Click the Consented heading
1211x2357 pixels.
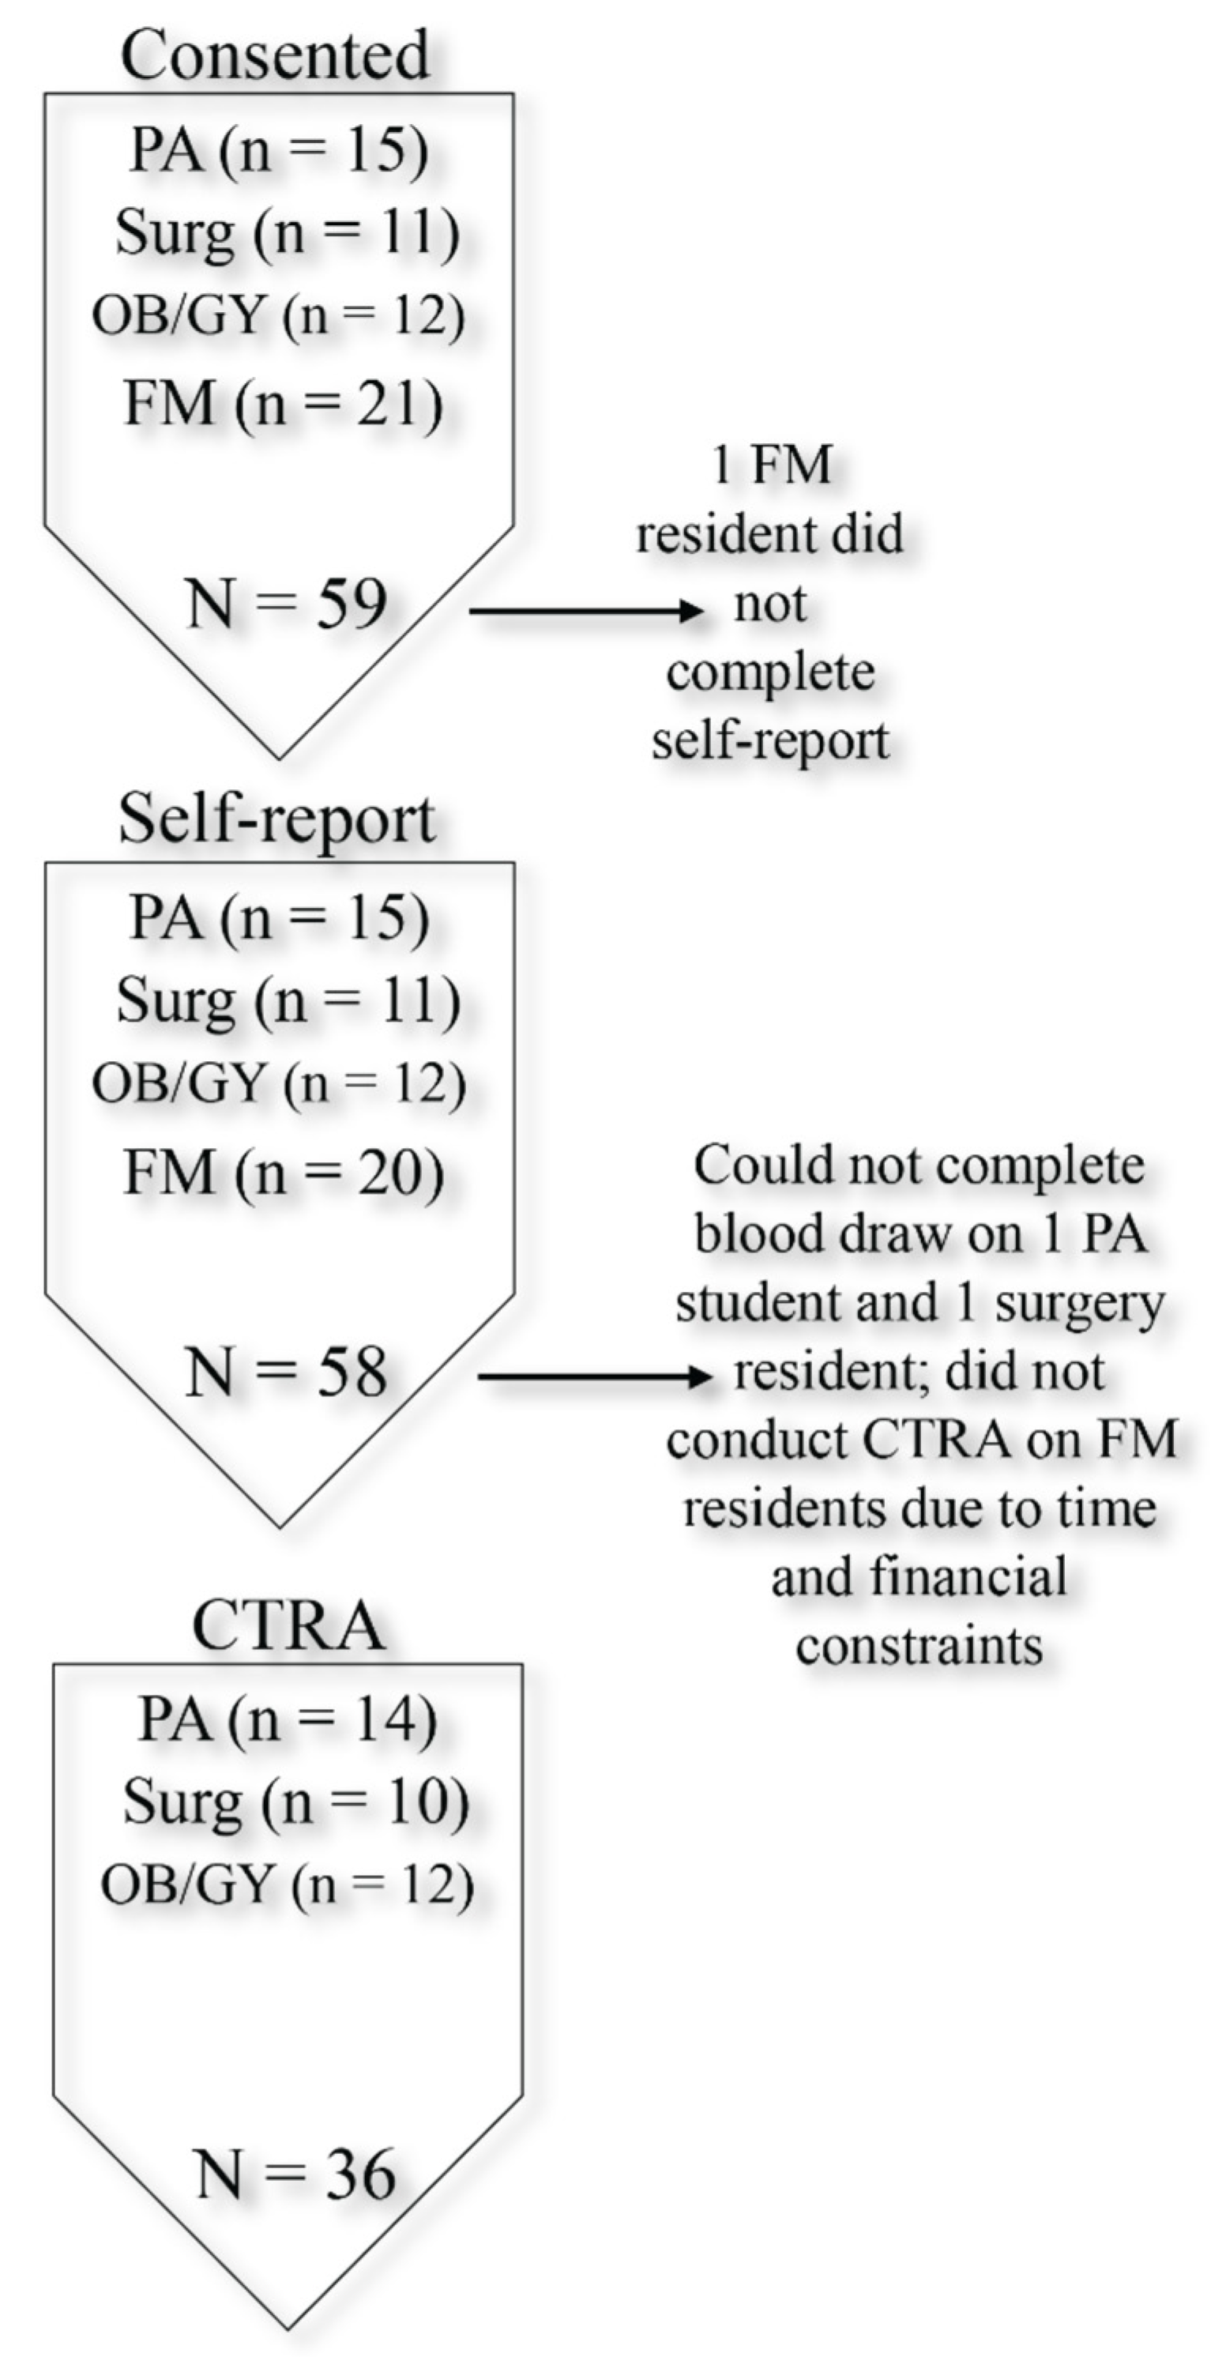tap(274, 55)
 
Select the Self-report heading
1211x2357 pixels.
tap(276, 819)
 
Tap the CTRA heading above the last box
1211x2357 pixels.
tap(288, 1626)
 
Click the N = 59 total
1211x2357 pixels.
tap(286, 604)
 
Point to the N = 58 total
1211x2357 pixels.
tap(286, 1372)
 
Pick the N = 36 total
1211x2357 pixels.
tap(295, 2175)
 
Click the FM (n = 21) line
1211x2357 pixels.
tap(283, 404)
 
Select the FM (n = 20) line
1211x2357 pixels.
tap(283, 1173)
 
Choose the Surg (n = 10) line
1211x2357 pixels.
tap(295, 1802)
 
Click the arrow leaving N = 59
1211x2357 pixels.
tap(585, 610)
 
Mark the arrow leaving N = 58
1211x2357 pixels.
tap(595, 1376)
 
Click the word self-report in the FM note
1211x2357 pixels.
tap(770, 740)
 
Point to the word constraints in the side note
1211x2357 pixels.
tap(920, 1645)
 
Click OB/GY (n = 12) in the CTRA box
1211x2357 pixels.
tap(286, 1884)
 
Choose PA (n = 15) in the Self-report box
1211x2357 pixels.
tap(279, 917)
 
